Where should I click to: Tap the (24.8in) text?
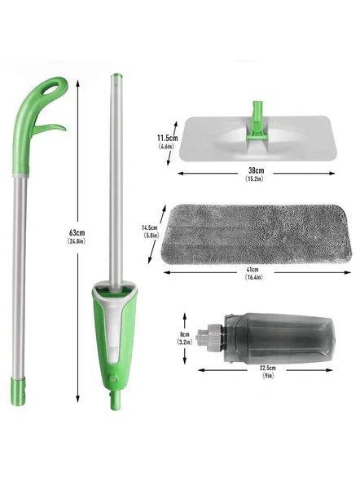pos(77,241)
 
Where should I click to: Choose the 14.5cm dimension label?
pos(149,227)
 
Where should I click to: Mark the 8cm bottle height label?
pos(184,333)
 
